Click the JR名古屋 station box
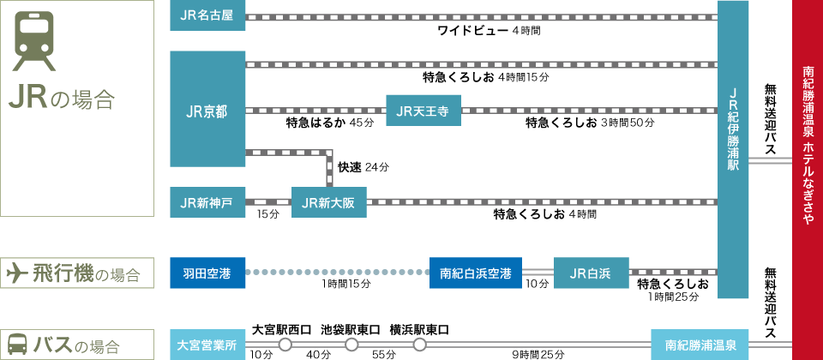207,16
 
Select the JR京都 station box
207,110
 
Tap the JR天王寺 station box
424,110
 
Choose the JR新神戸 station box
207,202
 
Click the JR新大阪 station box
329,202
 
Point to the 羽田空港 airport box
207,273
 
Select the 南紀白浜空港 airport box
476,273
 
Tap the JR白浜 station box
592,273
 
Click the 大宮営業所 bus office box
207,345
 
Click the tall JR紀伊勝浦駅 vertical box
733,150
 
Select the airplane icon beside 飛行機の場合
17,273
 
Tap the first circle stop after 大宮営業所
285,345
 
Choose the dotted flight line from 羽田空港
338,273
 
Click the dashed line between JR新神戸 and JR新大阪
268,202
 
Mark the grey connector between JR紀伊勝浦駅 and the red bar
770,160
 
